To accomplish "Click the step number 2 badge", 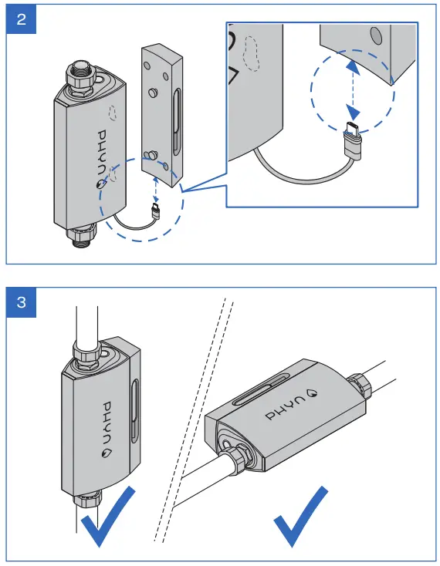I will [21, 19].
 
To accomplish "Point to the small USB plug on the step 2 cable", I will [157, 210].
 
